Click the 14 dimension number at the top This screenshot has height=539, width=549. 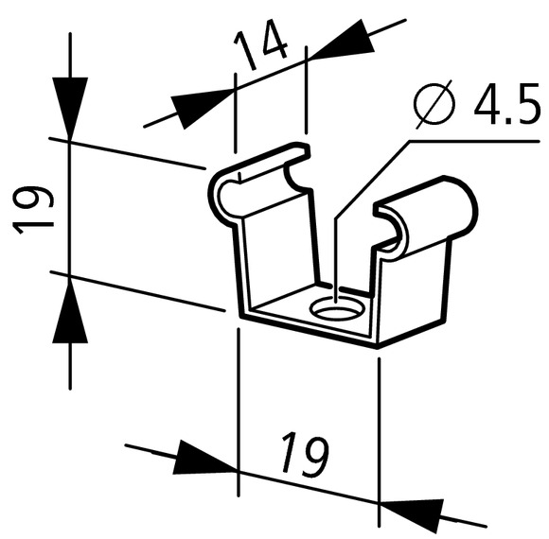pyautogui.click(x=261, y=45)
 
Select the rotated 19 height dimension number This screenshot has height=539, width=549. pyautogui.click(x=33, y=210)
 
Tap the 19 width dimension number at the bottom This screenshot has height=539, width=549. pyautogui.click(x=305, y=455)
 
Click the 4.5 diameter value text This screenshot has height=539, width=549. pyautogui.click(x=507, y=104)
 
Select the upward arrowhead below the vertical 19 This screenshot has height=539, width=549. pyautogui.click(x=70, y=310)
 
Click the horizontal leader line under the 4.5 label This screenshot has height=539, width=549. pyautogui.click(x=474, y=141)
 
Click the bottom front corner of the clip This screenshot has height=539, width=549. pyautogui.click(x=378, y=347)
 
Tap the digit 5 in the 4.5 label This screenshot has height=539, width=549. pyautogui.click(x=526, y=104)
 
